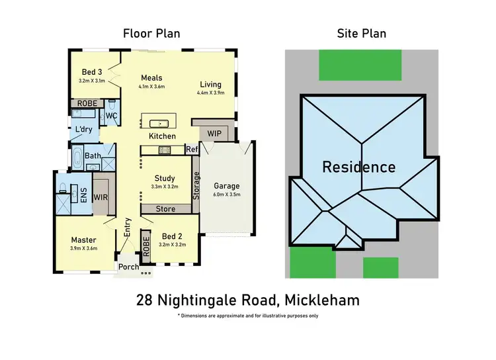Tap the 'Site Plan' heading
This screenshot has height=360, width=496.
362,32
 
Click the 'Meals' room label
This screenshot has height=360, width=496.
152,77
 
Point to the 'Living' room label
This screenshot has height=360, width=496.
211,84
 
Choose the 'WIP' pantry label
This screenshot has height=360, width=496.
214,133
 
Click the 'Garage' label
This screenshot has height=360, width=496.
226,186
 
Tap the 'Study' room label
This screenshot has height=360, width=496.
165,178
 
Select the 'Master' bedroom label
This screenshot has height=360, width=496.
84,240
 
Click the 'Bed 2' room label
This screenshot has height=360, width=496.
168,236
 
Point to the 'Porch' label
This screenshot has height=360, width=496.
128,267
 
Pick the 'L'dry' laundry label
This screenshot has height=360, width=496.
83,129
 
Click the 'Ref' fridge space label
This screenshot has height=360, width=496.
192,150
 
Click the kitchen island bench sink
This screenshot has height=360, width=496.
159,123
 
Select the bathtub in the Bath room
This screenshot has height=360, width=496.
78,159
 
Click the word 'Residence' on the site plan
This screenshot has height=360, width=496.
359,167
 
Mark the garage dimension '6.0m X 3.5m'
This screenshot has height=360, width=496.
226,195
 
